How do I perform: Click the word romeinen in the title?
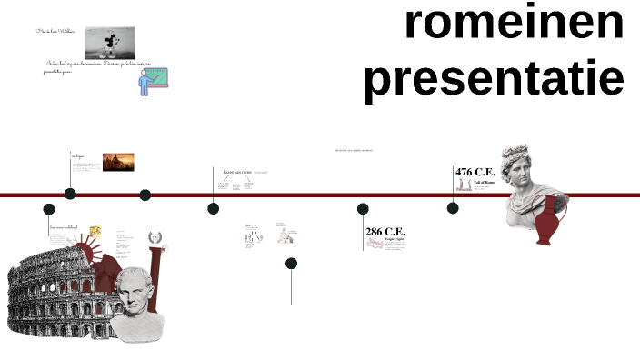coord(515,23)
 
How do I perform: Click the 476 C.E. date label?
coord(475,172)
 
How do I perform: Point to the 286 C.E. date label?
coord(385,232)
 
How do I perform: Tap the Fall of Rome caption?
coord(484,182)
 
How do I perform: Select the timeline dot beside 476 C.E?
coord(453,208)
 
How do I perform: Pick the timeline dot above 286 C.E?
coord(363,209)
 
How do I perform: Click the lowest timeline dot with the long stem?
coord(291,264)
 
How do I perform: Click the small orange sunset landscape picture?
coord(118,161)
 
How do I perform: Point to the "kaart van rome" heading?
coord(236,171)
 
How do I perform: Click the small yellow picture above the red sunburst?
coord(95,232)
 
